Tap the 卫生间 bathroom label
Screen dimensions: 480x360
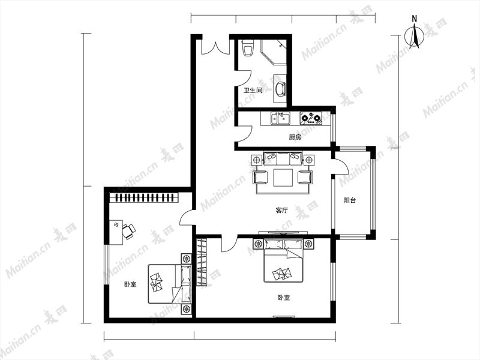point(253,91)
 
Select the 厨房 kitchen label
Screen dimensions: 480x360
point(295,137)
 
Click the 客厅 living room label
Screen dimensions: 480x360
point(281,211)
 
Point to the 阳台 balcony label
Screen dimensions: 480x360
point(349,200)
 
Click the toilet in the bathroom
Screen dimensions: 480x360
point(248,48)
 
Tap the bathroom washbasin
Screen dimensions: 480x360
point(280,88)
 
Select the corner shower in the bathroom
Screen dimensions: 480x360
point(274,52)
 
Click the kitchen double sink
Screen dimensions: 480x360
point(280,118)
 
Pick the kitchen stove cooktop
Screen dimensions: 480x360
point(311,118)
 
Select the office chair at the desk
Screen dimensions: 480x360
point(128,231)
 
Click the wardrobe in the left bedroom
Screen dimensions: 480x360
point(144,197)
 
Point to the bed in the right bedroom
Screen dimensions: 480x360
point(283,261)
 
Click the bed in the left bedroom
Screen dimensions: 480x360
point(170,284)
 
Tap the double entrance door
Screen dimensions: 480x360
point(215,47)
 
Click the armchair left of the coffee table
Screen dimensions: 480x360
point(260,177)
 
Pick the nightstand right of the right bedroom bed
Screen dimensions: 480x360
point(308,244)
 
